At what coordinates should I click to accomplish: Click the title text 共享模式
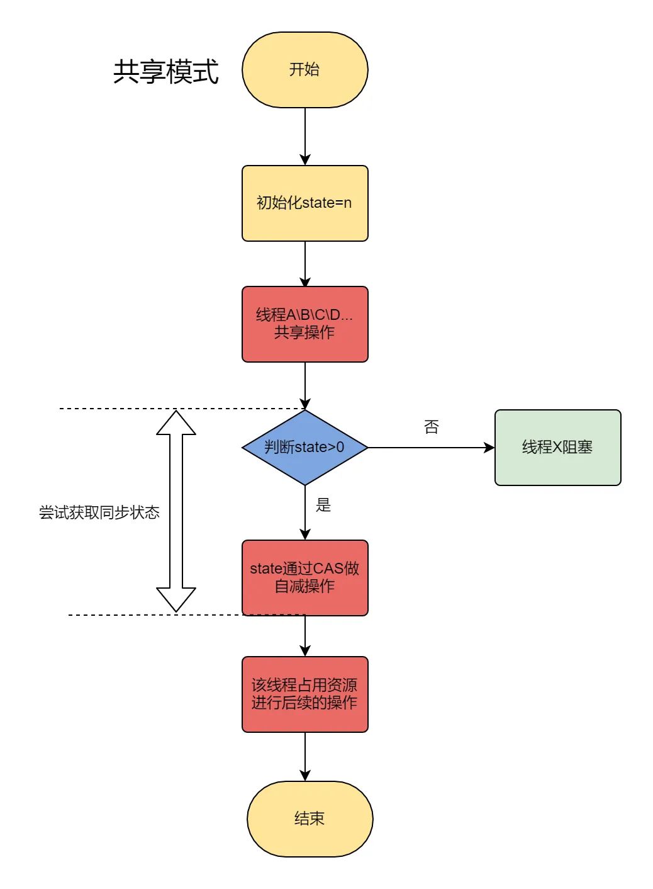pos(165,71)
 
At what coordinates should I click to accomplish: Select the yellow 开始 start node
pos(304,70)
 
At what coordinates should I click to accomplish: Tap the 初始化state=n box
pos(304,203)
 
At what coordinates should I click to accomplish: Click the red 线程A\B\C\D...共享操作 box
pos(304,324)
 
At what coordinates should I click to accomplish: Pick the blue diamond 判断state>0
pos(304,448)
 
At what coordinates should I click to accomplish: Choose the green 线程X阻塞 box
pos(557,448)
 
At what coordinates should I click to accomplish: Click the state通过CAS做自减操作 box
pos(304,577)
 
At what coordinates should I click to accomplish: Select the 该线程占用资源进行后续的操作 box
pos(304,694)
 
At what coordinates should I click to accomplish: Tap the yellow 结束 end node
pos(310,818)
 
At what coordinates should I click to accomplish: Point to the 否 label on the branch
pos(431,428)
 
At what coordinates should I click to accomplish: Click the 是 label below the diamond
pos(323,505)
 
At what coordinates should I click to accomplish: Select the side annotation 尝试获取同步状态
pos(99,512)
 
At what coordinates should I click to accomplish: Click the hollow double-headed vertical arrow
pos(176,511)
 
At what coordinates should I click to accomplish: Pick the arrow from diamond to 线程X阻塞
pos(431,448)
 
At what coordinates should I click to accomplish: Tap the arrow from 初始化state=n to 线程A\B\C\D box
pos(305,264)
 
